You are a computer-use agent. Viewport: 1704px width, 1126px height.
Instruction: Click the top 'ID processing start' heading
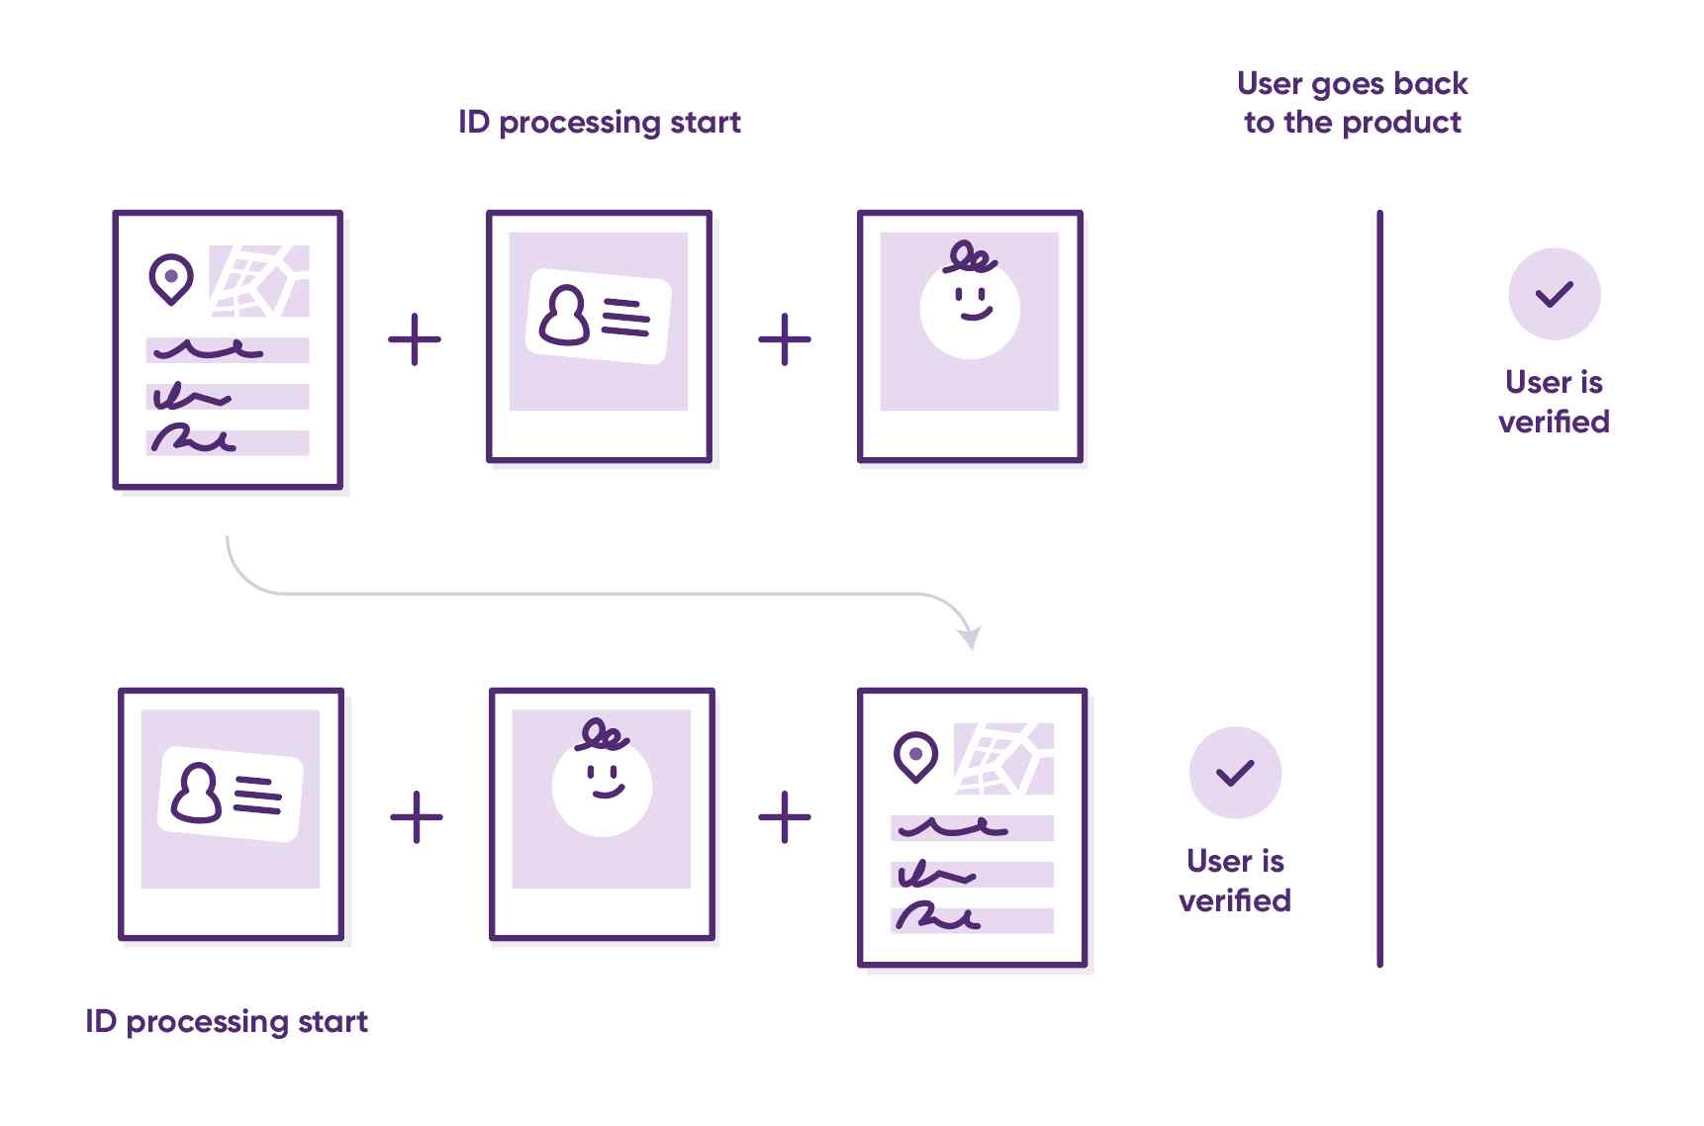(599, 122)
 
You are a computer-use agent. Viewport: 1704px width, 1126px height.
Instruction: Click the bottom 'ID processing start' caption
(227, 1021)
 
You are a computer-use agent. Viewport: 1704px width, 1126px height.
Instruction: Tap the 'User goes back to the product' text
(1352, 103)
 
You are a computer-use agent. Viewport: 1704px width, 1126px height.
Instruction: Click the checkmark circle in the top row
(1554, 294)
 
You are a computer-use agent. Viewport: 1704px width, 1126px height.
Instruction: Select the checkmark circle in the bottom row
(1235, 773)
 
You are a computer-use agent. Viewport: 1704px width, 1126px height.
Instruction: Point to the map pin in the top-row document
(170, 278)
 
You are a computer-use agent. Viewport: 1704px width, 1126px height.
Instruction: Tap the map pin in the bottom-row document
(915, 757)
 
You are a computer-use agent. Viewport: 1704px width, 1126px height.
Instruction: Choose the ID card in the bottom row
(231, 795)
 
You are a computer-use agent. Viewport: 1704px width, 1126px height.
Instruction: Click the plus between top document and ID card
(415, 339)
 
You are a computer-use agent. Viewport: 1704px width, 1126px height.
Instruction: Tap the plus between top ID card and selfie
(785, 339)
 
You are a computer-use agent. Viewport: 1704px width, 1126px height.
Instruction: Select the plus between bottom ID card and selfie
(417, 817)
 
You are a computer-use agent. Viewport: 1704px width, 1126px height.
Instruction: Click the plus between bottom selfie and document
(785, 817)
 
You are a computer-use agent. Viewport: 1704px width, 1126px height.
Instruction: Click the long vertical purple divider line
(1379, 588)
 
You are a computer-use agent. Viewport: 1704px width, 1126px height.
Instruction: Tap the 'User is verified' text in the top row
(1554, 402)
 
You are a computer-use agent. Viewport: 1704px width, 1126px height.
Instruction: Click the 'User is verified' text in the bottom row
(1235, 881)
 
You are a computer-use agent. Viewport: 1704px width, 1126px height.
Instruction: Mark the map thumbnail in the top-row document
(259, 281)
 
